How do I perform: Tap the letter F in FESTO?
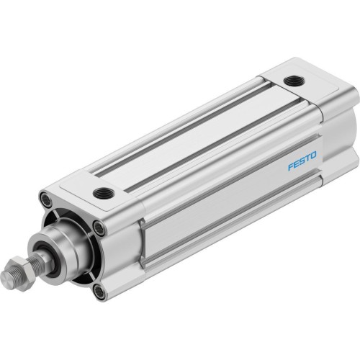pyautogui.click(x=290, y=167)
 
